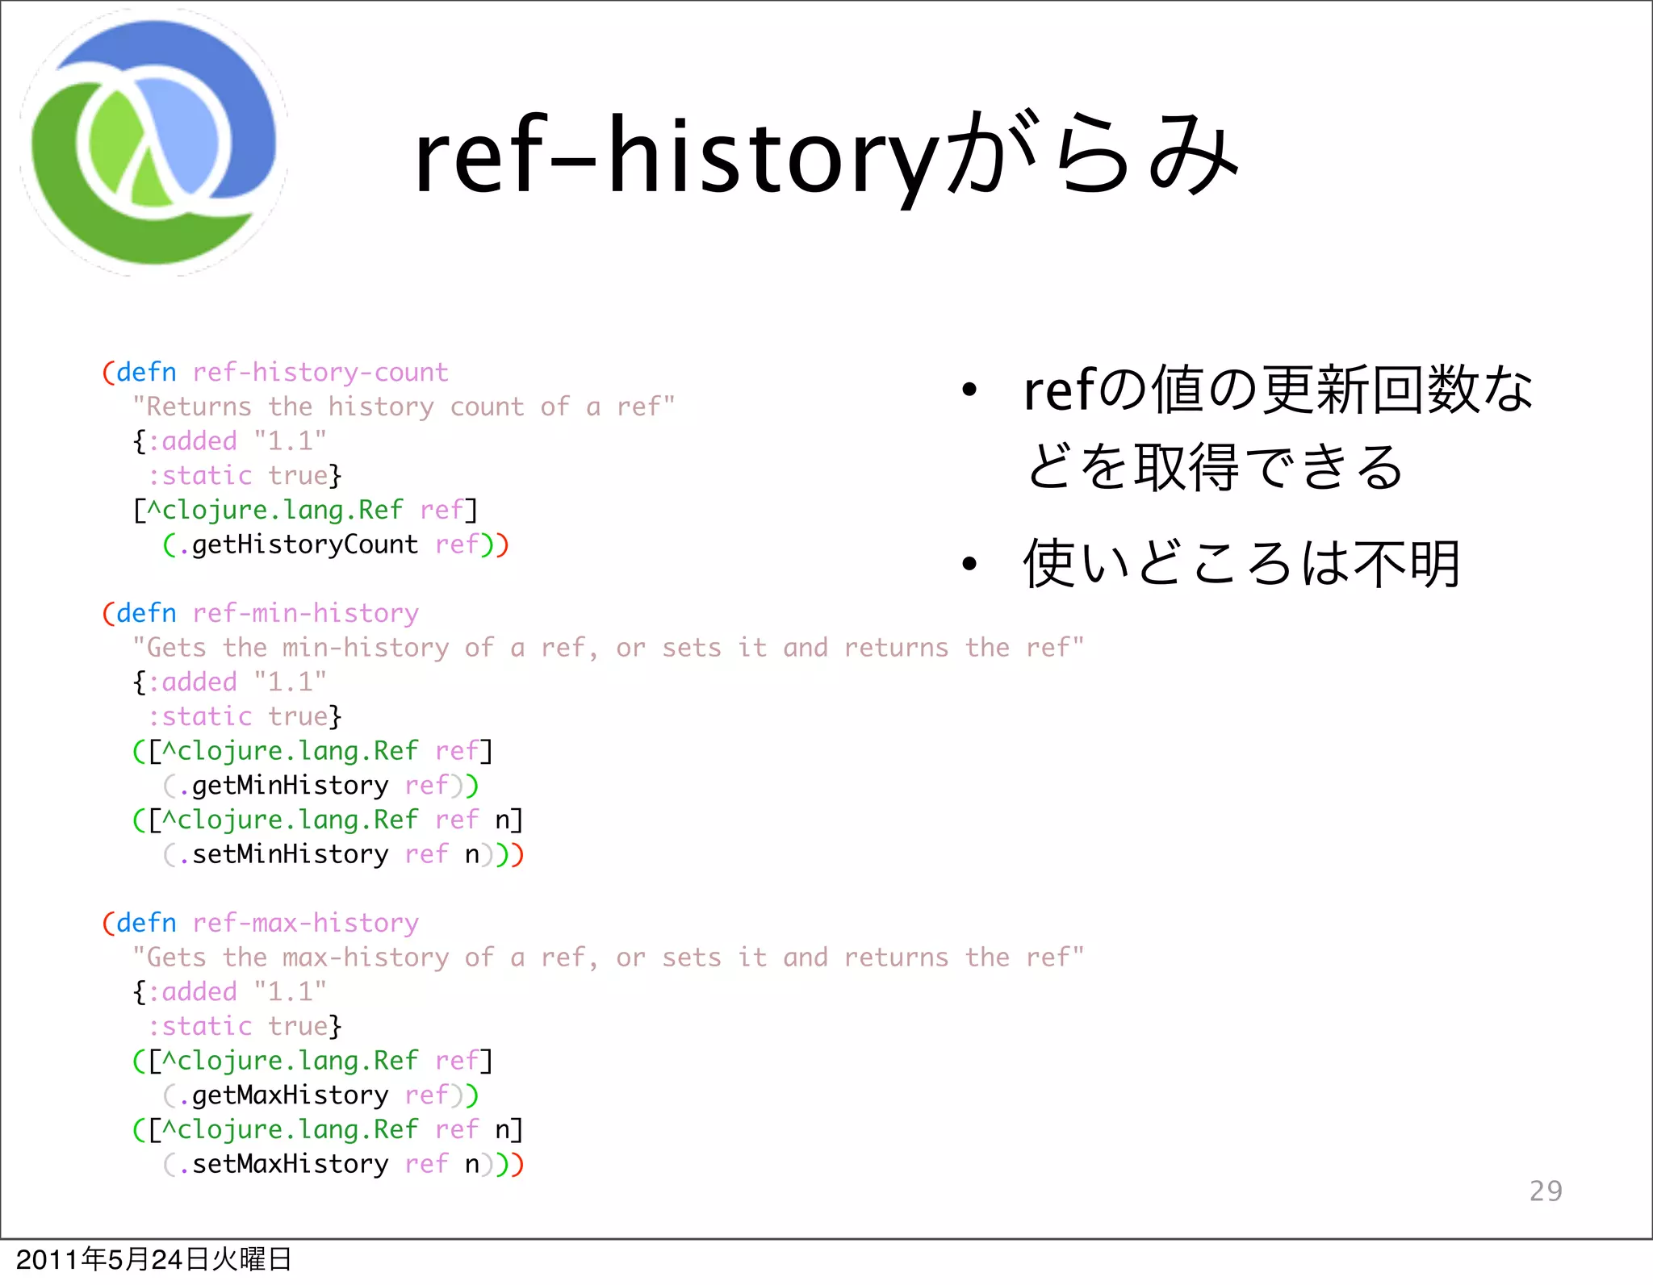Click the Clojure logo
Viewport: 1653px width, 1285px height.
click(x=153, y=144)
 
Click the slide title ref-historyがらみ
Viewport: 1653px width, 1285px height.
click(x=825, y=155)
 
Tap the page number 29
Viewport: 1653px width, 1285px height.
click(x=1546, y=1191)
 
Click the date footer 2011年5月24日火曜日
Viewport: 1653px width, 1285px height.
click(x=153, y=1259)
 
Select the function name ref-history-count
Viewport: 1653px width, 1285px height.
click(x=320, y=372)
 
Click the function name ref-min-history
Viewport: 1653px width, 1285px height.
click(x=305, y=613)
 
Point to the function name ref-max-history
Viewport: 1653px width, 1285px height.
click(x=305, y=923)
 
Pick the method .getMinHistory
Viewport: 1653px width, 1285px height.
click(x=283, y=786)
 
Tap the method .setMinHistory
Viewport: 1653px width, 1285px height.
click(x=283, y=854)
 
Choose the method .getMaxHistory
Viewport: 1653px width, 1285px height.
click(x=283, y=1095)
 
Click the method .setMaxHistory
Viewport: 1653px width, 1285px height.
click(x=283, y=1164)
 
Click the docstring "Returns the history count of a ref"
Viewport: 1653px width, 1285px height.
click(x=404, y=407)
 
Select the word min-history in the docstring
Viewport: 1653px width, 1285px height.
click(x=366, y=648)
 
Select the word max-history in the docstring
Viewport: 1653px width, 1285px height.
click(x=366, y=957)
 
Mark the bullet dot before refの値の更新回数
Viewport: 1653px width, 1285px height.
click(x=969, y=391)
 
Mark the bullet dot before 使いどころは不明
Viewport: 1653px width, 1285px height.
click(x=969, y=564)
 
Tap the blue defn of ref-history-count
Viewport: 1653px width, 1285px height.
click(x=146, y=372)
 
